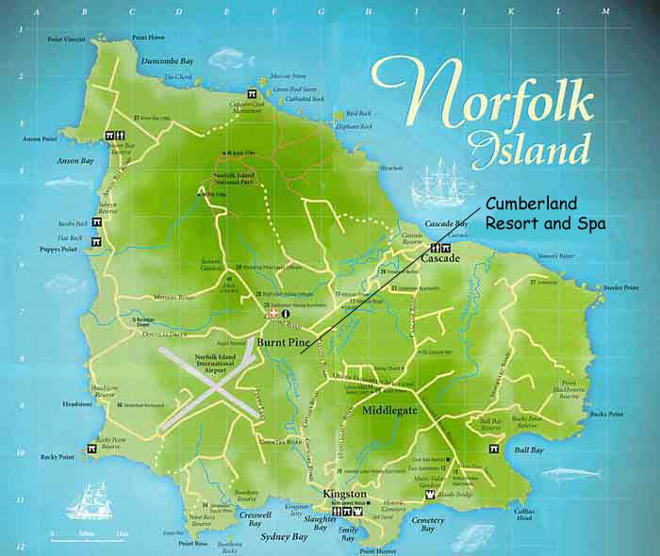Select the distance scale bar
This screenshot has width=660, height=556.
[90, 538]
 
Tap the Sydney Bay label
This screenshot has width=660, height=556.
[283, 537]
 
